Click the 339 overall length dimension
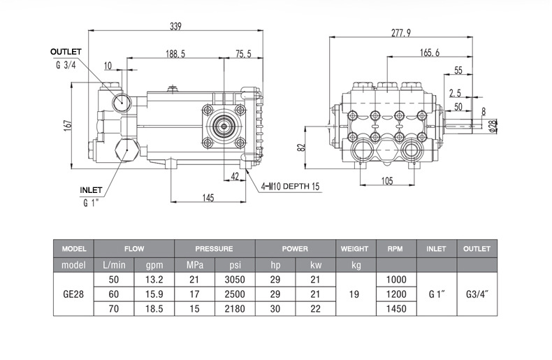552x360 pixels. (175, 27)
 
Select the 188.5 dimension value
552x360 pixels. (175, 54)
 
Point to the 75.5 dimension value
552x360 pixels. (244, 54)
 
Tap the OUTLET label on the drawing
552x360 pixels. (66, 52)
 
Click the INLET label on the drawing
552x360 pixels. (91, 190)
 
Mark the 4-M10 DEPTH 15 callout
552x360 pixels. (290, 186)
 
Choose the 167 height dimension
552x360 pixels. (68, 126)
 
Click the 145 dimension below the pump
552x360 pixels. (208, 198)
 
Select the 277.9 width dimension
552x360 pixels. (401, 33)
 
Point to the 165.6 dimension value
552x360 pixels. (430, 52)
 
